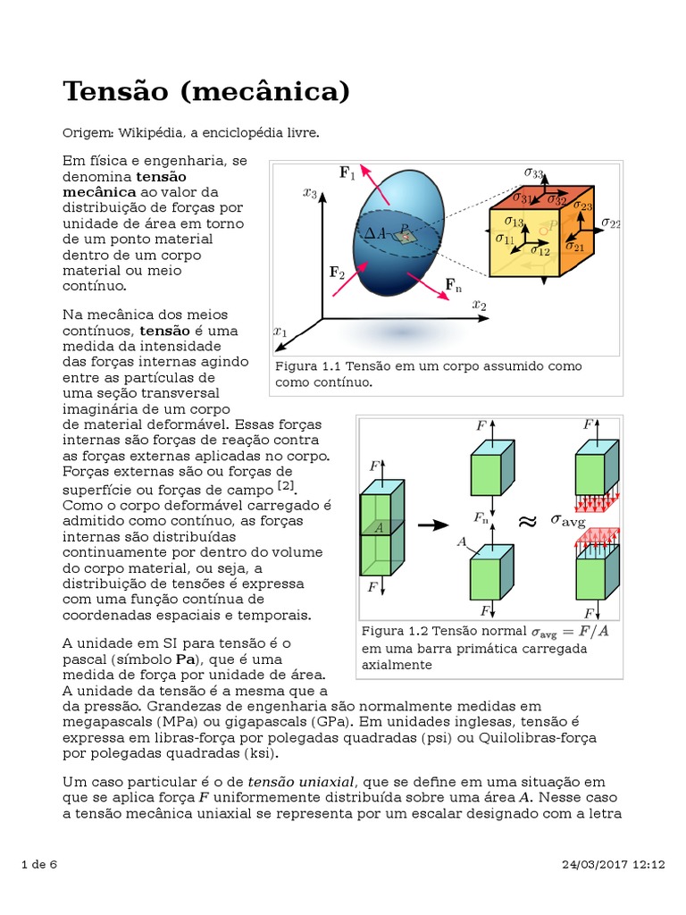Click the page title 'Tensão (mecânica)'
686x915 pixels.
point(205,91)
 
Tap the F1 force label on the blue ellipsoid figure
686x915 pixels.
point(347,173)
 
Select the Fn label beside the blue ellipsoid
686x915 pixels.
point(454,285)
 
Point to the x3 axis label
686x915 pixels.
point(310,192)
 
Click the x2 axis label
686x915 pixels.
point(480,306)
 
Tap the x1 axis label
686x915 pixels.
point(280,332)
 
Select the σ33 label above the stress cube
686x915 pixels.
point(534,172)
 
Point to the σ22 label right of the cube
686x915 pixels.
point(611,222)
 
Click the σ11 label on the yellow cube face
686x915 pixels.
point(505,239)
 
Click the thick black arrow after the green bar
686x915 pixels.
point(433,525)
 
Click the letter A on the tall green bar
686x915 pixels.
point(380,527)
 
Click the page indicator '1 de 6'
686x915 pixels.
point(38,865)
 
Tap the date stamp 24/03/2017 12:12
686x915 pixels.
point(615,865)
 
